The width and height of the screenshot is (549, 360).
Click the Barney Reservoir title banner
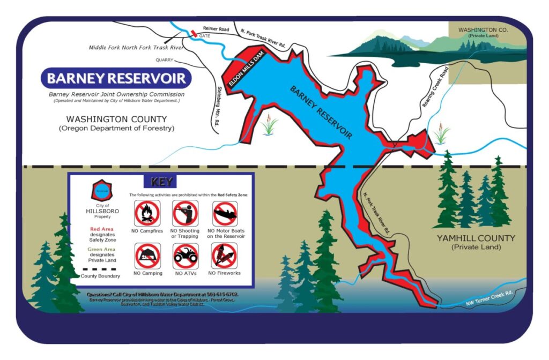[116, 79]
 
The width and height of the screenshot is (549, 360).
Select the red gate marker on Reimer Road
[194, 34]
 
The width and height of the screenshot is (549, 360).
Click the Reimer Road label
[216, 28]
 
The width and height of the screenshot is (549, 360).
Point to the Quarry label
[165, 60]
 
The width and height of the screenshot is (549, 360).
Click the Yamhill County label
[476, 238]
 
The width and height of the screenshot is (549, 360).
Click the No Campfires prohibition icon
[146, 213]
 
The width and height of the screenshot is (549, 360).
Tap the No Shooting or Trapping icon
[185, 213]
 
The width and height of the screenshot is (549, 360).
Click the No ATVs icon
[186, 256]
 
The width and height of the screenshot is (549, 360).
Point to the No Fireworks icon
[224, 256]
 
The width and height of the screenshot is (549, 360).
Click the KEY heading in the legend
[161, 182]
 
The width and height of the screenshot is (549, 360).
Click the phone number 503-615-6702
[218, 294]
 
